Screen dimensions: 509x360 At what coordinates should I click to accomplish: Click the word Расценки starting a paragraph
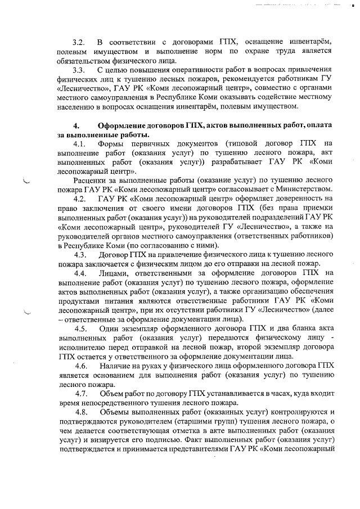pos(91,181)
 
